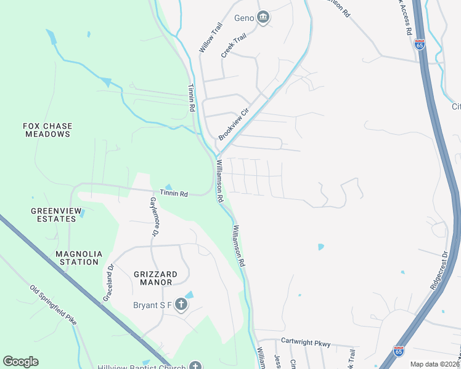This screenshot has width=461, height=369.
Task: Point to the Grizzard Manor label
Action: (155, 279)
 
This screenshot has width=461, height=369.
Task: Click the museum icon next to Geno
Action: (264, 17)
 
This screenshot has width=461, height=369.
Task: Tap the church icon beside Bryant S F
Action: (181, 304)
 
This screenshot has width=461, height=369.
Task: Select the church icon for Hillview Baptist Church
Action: (195, 367)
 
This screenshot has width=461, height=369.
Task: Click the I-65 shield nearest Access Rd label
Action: (420, 44)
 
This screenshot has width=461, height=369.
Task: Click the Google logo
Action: (20, 362)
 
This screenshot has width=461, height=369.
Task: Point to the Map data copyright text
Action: (434, 364)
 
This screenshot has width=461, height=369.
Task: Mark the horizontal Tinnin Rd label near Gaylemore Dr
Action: (174, 193)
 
